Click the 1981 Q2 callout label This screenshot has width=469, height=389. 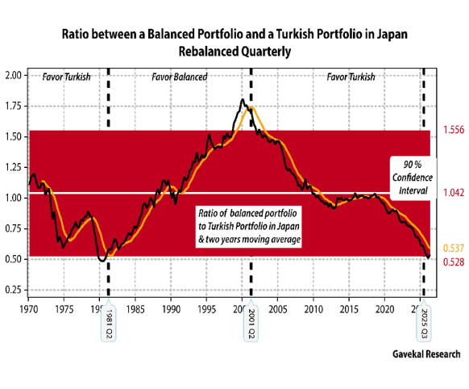click(108, 324)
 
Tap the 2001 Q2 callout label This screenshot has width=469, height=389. click(251, 324)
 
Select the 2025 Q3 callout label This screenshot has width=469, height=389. click(424, 324)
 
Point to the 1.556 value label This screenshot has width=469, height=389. click(454, 130)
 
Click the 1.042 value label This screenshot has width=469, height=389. click(454, 193)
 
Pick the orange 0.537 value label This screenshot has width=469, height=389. click(454, 249)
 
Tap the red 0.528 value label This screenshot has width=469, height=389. click(454, 262)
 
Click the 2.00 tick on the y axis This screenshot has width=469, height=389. click(14, 75)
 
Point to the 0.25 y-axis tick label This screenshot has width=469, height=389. click(14, 290)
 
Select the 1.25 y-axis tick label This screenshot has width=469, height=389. click(14, 167)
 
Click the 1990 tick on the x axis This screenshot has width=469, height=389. click(171, 309)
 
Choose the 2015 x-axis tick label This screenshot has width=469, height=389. click(349, 309)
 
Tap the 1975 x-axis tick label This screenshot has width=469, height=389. click(64, 309)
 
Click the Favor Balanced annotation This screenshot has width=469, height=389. click(180, 77)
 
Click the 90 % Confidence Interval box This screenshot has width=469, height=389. click(413, 178)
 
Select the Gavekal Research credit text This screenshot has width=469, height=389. click(426, 354)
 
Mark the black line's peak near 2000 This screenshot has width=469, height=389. click(243, 99)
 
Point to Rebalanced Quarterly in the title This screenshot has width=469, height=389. click(234, 52)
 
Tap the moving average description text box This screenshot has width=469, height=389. click(248, 227)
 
